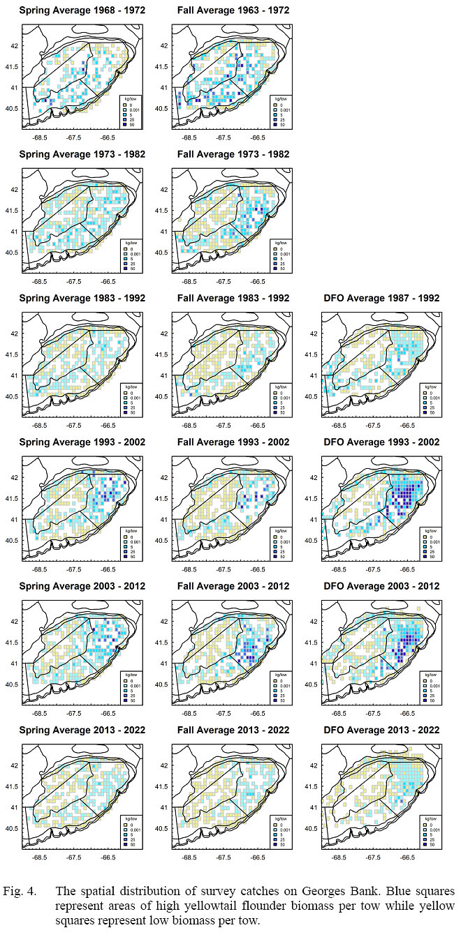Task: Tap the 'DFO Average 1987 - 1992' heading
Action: (x=381, y=298)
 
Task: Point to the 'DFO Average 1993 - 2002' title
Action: (x=381, y=442)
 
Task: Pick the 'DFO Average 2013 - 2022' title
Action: (x=381, y=730)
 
